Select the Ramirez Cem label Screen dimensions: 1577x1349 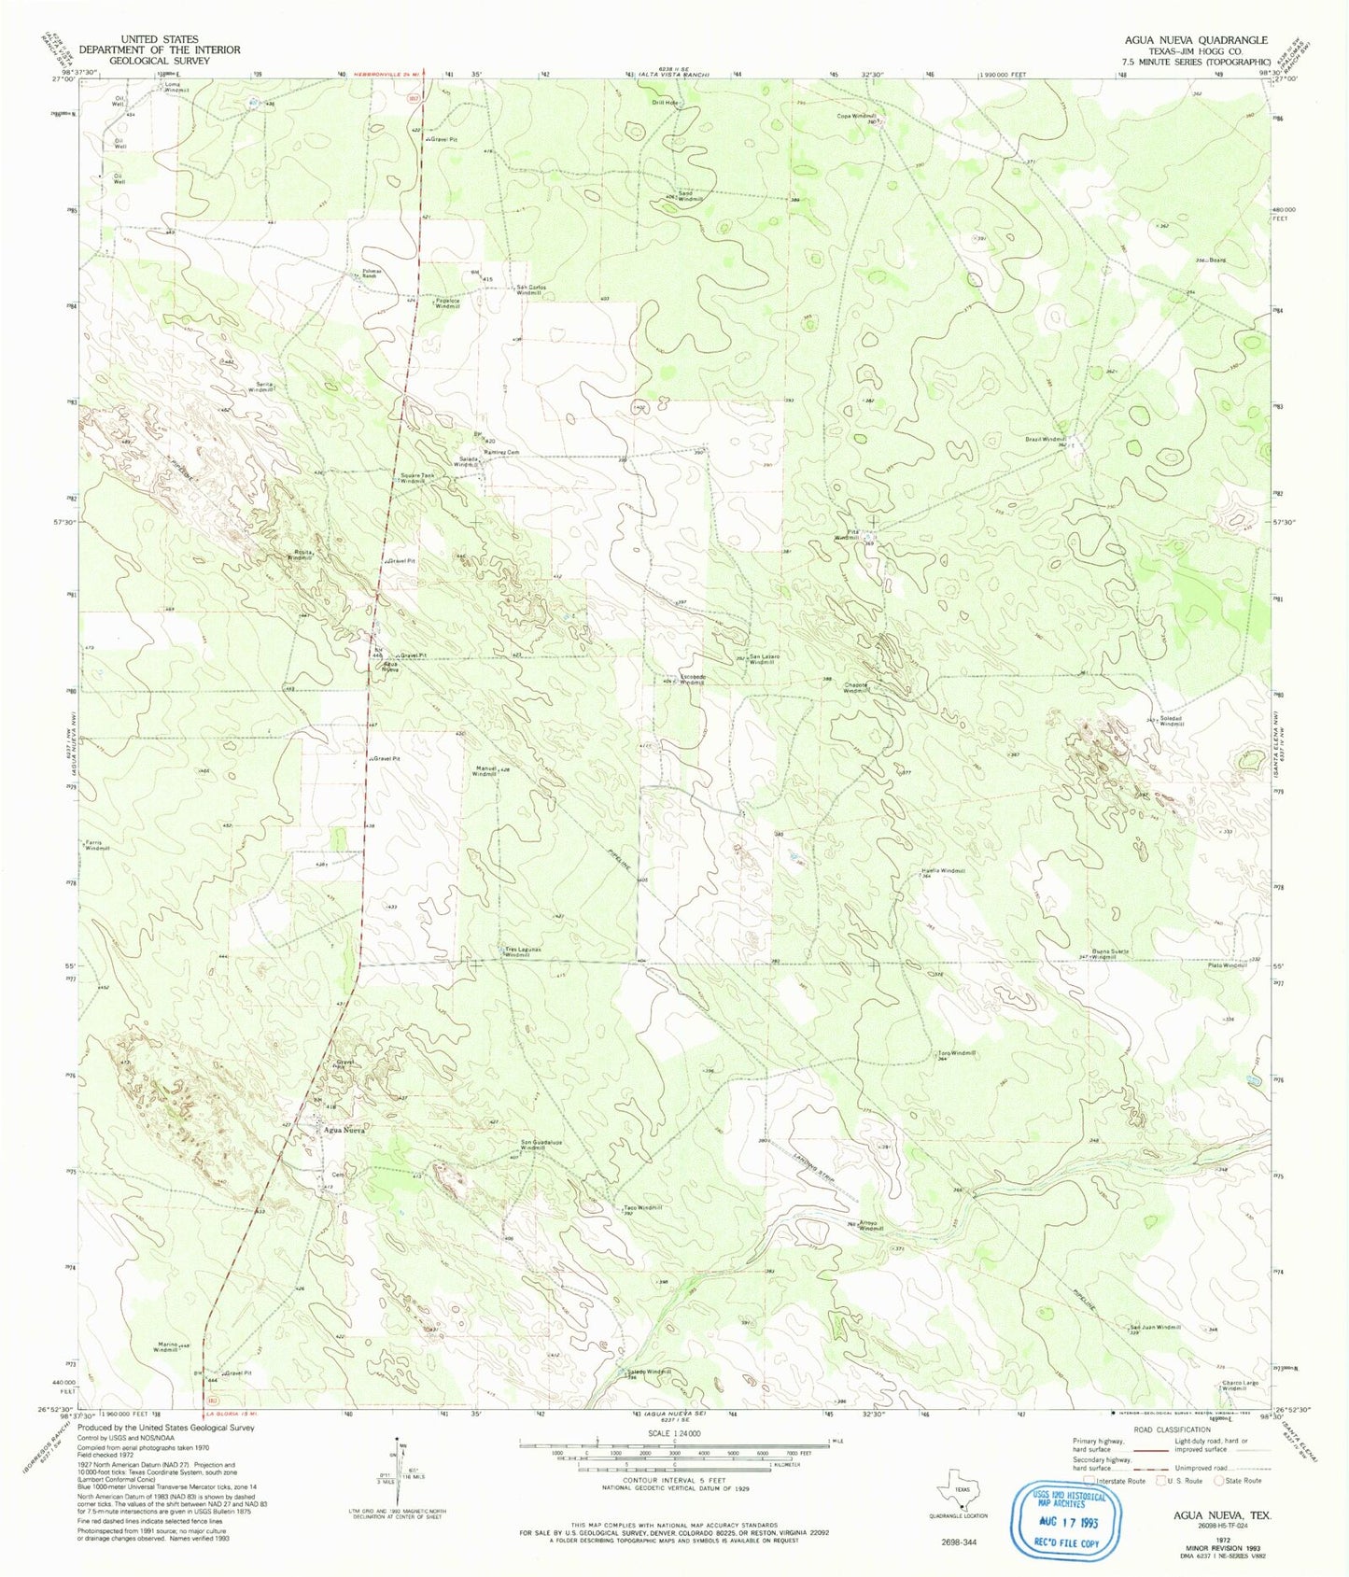500,452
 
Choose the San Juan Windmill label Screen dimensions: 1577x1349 1156,1327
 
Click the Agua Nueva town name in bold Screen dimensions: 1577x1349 346,1130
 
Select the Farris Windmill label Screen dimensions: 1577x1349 97,845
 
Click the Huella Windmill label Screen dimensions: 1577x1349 943,870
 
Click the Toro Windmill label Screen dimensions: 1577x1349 957,1053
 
